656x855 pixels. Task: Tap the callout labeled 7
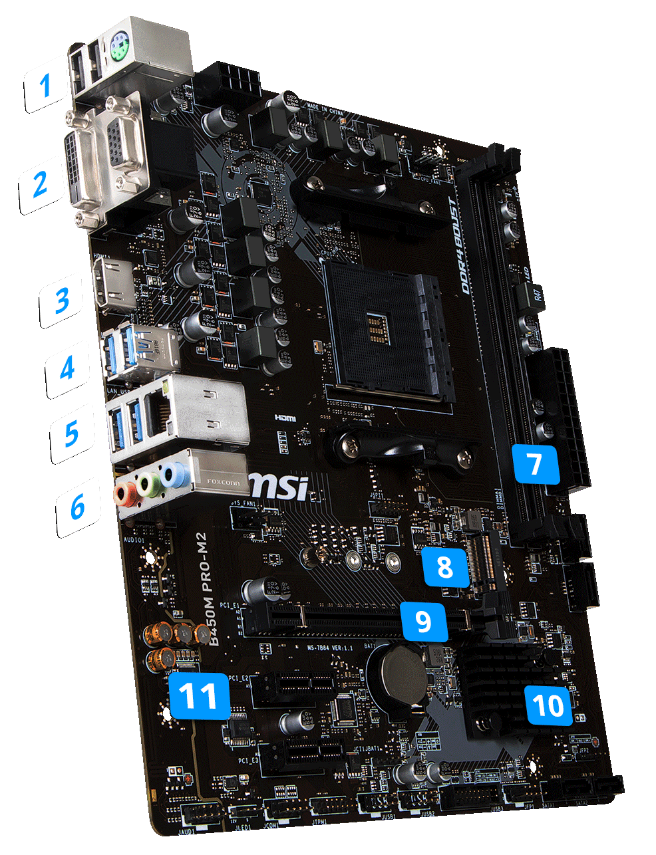pyautogui.click(x=536, y=463)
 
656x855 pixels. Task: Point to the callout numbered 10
pyautogui.click(x=548, y=703)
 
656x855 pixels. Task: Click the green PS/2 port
pyautogui.click(x=120, y=49)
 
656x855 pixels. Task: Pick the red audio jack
pyautogui.click(x=123, y=493)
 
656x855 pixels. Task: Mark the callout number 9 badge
pyautogui.click(x=422, y=620)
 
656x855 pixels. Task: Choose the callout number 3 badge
pyautogui.click(x=62, y=300)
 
